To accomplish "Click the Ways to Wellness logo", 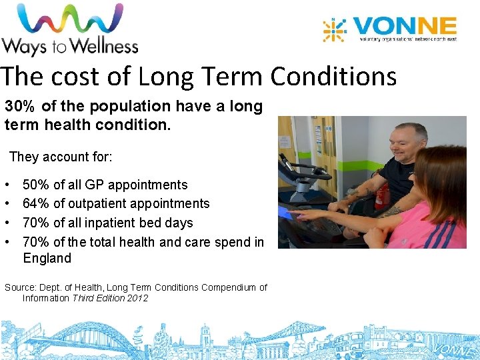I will click(x=69, y=29).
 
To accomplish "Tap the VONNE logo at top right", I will click(x=390, y=31).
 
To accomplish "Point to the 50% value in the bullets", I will click(x=36, y=185).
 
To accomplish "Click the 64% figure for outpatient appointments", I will click(x=36, y=204).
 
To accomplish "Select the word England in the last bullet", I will click(x=47, y=258).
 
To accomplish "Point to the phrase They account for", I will click(x=61, y=157).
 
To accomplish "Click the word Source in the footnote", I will click(x=21, y=287).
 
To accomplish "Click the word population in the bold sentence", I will click(x=112, y=107).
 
